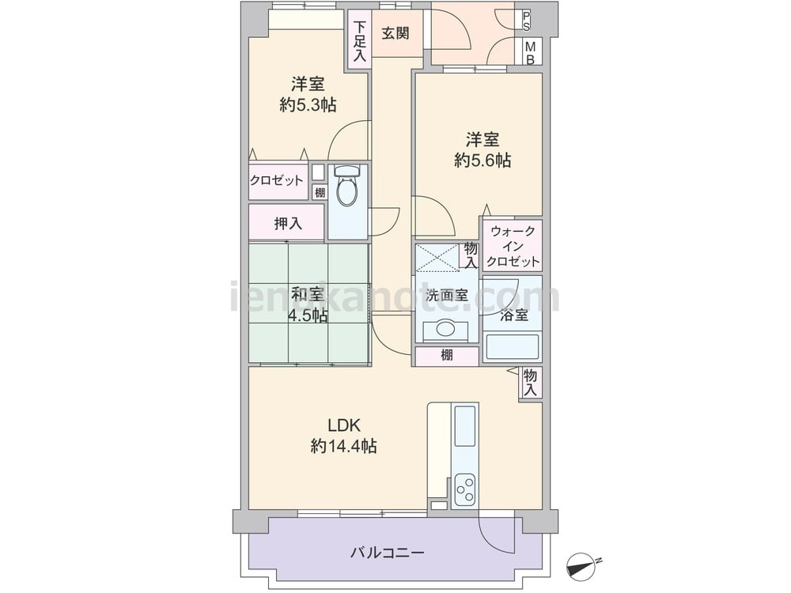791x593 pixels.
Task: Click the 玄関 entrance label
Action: (x=395, y=34)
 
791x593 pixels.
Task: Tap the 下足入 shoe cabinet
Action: (x=359, y=40)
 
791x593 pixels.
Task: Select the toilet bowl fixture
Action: (x=347, y=185)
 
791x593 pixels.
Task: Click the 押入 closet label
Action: (x=288, y=224)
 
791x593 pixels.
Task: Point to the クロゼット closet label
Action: (x=277, y=180)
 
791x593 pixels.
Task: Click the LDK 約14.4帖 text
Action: (x=343, y=436)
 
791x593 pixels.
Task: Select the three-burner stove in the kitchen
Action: (x=464, y=489)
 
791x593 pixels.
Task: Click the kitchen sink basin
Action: (x=464, y=426)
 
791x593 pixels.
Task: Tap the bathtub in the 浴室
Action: (x=512, y=347)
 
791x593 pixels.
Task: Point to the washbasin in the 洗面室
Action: (x=445, y=329)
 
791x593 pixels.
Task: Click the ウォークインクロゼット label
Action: (x=513, y=247)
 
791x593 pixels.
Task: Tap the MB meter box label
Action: (x=530, y=53)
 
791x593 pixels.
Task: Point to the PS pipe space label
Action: (x=526, y=21)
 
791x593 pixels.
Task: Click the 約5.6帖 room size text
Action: (x=483, y=161)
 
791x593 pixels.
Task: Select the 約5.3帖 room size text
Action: (x=308, y=105)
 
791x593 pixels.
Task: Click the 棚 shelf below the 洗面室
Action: (x=446, y=356)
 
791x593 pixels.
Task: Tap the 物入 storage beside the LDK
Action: (x=530, y=382)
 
